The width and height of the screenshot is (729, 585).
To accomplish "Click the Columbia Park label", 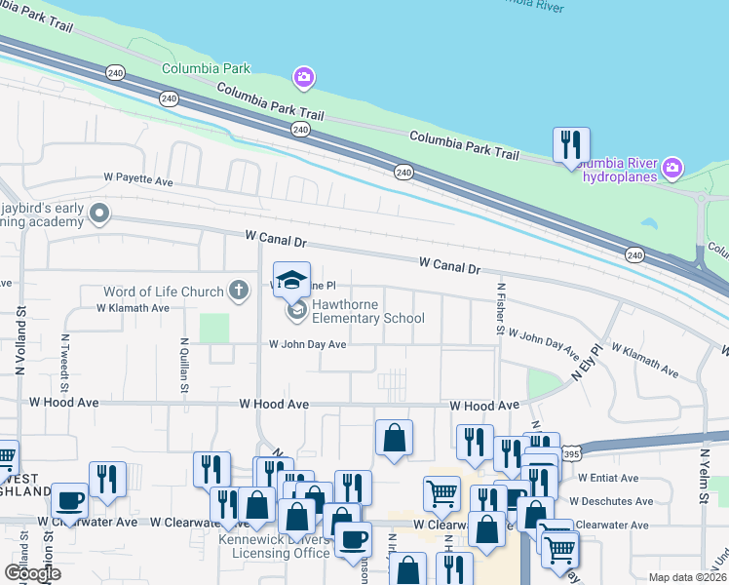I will coord(206,68).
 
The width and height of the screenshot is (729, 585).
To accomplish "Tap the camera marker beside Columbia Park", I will coord(304,76).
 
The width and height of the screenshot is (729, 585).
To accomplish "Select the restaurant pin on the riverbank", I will coord(571,144).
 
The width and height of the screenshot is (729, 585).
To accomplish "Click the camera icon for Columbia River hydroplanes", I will coord(671,170).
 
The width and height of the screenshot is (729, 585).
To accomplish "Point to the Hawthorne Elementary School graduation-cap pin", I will coord(291,281).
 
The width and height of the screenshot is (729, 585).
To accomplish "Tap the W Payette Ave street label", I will coord(138,180).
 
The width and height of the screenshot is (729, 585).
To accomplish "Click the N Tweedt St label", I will coord(65,362).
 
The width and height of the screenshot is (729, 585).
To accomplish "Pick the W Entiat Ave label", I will coord(607,478).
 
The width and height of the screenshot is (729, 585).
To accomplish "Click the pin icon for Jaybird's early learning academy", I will coord(99,213).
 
